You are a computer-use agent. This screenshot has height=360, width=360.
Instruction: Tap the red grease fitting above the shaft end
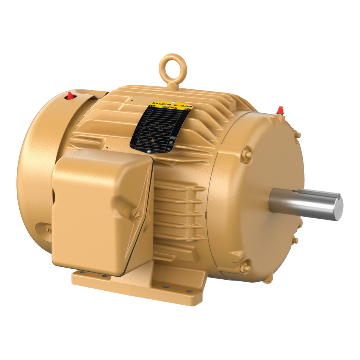(280, 110)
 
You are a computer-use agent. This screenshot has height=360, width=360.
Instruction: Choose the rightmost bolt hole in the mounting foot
(189, 291)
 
